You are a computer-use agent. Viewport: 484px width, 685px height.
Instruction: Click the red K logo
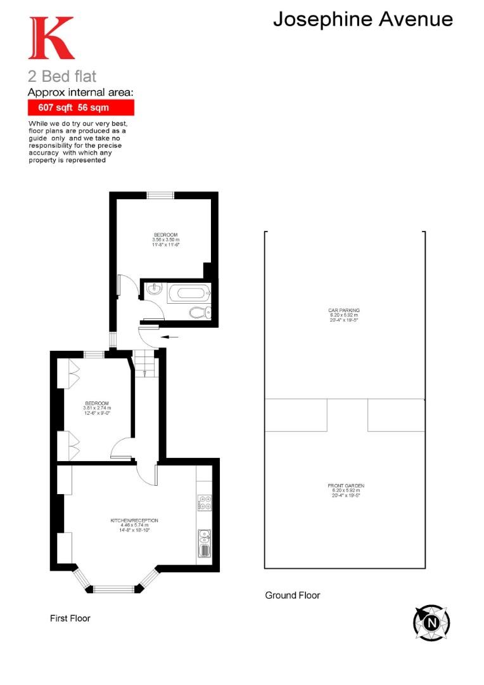point(51,38)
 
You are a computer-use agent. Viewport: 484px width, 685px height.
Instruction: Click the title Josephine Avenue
point(363,19)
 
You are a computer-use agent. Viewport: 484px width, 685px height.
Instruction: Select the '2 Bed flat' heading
point(62,77)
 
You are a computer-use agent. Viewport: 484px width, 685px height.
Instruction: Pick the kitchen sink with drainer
point(204,542)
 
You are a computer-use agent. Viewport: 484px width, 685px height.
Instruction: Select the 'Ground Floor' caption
point(292,595)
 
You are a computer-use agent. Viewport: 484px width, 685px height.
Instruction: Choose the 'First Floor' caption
point(70,618)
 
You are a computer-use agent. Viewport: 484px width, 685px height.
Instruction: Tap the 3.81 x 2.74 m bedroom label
point(97,406)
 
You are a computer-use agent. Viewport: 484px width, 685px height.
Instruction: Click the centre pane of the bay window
point(115,589)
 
